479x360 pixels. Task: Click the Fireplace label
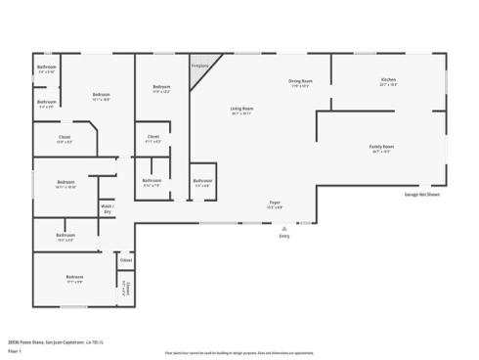pos(200,66)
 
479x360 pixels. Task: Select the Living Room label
pos(241,110)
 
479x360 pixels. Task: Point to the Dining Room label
pos(299,82)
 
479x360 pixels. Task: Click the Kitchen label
pos(388,80)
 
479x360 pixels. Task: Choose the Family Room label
pos(380,149)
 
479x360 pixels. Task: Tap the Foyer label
pos(276,203)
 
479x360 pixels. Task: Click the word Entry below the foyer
pos(284,237)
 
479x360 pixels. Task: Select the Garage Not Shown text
pos(422,194)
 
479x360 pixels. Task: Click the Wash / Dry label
pos(107,208)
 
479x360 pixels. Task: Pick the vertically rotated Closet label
pos(125,288)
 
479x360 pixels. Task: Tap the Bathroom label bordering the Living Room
pos(202,181)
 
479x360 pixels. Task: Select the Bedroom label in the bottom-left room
pos(74,279)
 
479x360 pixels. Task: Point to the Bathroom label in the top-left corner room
pos(46,67)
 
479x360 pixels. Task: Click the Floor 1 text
pos(15,349)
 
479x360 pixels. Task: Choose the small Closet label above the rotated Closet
pos(125,260)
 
